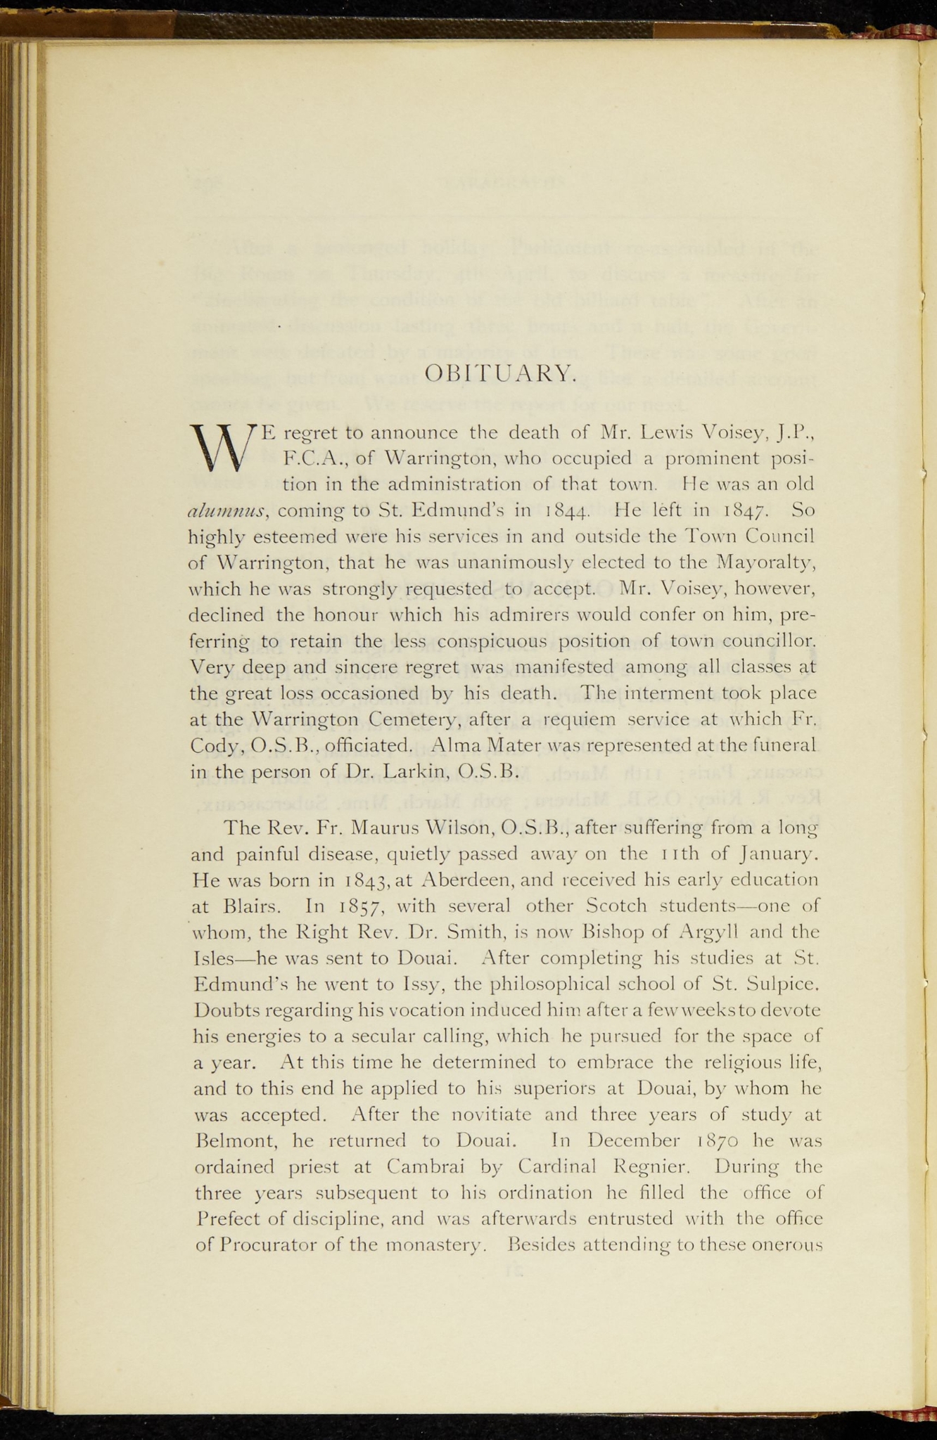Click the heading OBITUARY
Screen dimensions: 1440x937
[502, 373]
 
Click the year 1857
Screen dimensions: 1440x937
[356, 907]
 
